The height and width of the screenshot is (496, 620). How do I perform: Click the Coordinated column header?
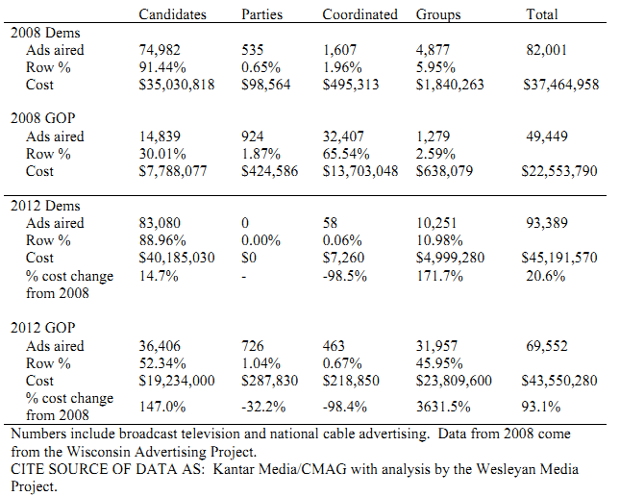pyautogui.click(x=360, y=14)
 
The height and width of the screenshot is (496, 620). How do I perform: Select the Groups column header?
pyautogui.click(x=438, y=14)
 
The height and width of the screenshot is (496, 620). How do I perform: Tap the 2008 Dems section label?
pyautogui.click(x=45, y=33)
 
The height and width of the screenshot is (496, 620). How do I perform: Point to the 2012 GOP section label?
pyautogui.click(x=42, y=328)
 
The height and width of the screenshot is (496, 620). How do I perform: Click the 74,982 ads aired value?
pyautogui.click(x=160, y=50)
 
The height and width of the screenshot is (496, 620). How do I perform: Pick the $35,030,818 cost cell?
pyautogui.click(x=176, y=85)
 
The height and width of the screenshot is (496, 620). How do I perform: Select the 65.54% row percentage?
pyautogui.click(x=346, y=154)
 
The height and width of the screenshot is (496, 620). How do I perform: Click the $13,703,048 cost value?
pyautogui.click(x=360, y=171)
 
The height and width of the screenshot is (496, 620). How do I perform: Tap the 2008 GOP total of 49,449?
pyautogui.click(x=547, y=136)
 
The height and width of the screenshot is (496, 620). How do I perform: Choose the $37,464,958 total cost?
pyautogui.click(x=561, y=85)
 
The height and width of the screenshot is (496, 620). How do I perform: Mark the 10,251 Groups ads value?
pyautogui.click(x=436, y=223)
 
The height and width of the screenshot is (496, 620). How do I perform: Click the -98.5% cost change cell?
pyautogui.click(x=345, y=276)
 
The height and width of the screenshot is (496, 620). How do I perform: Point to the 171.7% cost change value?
pyautogui.click(x=439, y=276)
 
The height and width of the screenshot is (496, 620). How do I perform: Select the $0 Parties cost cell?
pyautogui.click(x=249, y=258)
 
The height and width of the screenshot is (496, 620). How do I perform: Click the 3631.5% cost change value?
pyautogui.click(x=443, y=407)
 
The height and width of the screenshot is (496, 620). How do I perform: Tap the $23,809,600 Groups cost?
pyautogui.click(x=454, y=381)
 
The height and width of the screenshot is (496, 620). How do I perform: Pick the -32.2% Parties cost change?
pyautogui.click(x=263, y=407)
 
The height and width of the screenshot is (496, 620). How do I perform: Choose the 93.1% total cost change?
pyautogui.click(x=541, y=407)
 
